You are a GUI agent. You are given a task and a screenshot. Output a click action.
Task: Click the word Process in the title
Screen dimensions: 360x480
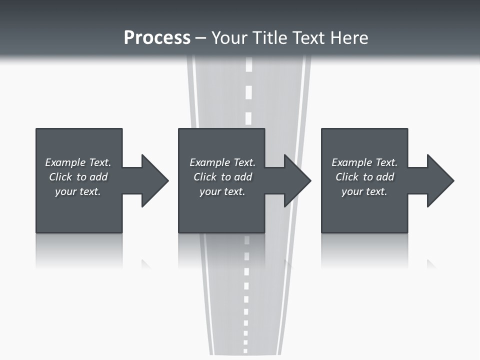[157, 37]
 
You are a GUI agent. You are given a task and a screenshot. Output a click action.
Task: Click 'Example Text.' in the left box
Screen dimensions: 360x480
[78, 162]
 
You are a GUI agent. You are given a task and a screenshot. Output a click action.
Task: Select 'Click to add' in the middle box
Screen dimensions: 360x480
[222, 177]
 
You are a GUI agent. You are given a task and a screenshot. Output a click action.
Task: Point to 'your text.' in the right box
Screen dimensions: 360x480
[364, 191]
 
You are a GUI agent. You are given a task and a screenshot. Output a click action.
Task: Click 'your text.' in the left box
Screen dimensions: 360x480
[78, 191]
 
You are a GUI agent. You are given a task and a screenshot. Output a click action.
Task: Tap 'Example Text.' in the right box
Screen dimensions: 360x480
[364, 162]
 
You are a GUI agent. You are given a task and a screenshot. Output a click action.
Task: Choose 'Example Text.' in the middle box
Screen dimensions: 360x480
[222, 162]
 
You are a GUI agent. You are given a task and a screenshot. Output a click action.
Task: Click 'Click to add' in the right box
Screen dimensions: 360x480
[364, 177]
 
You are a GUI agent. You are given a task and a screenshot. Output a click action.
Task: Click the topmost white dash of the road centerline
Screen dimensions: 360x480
[249, 65]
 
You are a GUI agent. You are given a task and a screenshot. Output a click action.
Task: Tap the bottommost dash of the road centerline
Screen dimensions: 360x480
[245, 344]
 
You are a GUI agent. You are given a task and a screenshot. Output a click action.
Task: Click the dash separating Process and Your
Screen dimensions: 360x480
[201, 38]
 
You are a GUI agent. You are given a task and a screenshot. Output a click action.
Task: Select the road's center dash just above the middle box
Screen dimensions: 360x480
[248, 118]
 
